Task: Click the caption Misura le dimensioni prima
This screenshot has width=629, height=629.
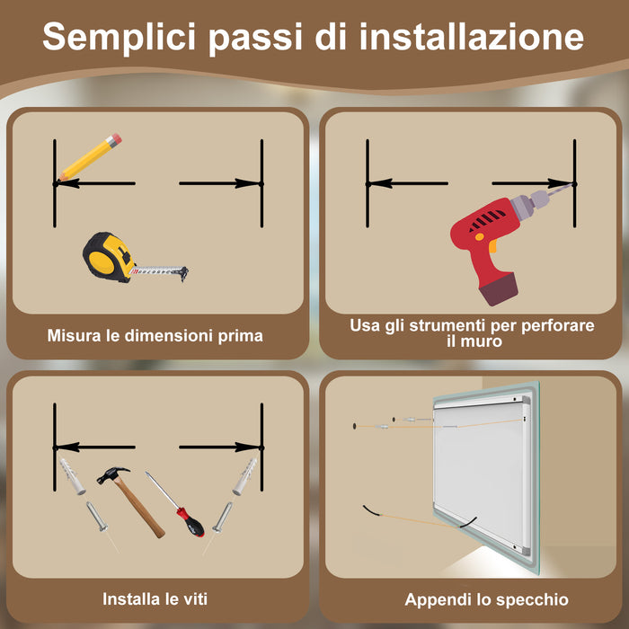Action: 155,336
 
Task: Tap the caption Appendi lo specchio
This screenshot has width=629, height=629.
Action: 486,599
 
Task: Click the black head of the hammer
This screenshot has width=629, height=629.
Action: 113,474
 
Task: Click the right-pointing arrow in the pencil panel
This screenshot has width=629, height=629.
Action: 220,183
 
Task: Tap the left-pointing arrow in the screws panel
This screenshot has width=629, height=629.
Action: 94,447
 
